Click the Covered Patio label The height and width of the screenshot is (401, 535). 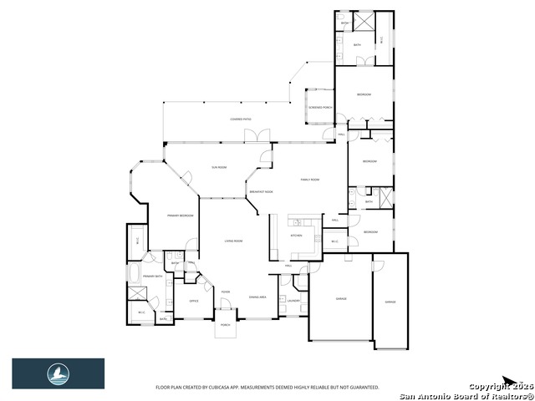pyautogui.click(x=242, y=119)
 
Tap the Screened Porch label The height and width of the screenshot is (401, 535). pyautogui.click(x=320, y=108)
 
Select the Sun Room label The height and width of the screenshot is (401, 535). pyautogui.click(x=219, y=167)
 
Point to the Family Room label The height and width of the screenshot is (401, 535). pyautogui.click(x=311, y=180)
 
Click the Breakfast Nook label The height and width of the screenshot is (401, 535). pyautogui.click(x=262, y=192)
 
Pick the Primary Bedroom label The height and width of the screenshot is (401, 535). pyautogui.click(x=180, y=216)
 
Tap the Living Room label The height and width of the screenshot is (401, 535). pyautogui.click(x=233, y=241)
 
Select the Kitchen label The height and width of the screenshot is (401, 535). pyautogui.click(x=295, y=236)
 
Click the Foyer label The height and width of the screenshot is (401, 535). pyautogui.click(x=226, y=292)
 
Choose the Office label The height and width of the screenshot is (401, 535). pyautogui.click(x=193, y=301)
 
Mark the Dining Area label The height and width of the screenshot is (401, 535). pyautogui.click(x=257, y=297)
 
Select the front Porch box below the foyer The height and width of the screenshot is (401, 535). pyautogui.click(x=226, y=329)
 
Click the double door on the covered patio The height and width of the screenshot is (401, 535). pyautogui.click(x=263, y=135)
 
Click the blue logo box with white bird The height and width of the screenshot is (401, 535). pyautogui.click(x=58, y=373)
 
